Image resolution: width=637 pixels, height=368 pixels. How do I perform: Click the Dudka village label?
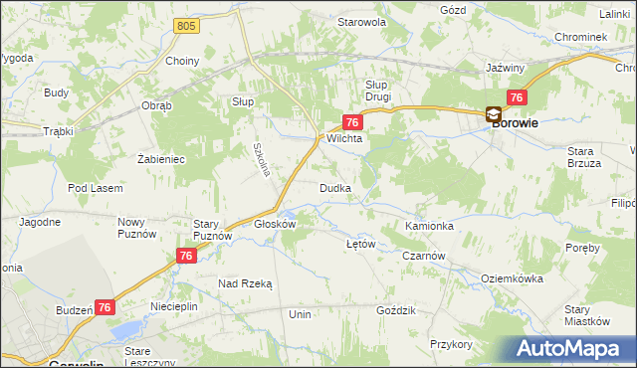(x=333, y=188)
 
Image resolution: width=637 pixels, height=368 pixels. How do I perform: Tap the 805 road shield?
(x=185, y=25)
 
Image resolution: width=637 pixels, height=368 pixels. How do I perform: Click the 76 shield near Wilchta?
(x=351, y=121)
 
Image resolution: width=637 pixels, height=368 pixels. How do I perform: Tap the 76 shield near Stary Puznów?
(x=185, y=256)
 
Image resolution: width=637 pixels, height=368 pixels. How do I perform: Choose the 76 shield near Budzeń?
(x=106, y=309)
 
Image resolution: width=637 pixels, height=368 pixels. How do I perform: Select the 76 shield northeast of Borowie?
(x=517, y=96)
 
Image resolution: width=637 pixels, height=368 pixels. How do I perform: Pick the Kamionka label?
(x=430, y=227)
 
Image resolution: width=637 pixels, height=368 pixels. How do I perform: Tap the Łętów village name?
(x=359, y=244)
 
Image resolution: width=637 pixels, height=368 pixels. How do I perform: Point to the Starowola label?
(x=360, y=21)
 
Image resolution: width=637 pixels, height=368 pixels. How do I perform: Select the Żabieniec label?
(x=161, y=158)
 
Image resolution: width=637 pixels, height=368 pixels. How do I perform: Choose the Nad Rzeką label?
(x=245, y=283)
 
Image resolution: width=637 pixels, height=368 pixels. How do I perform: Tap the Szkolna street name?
(x=262, y=158)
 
